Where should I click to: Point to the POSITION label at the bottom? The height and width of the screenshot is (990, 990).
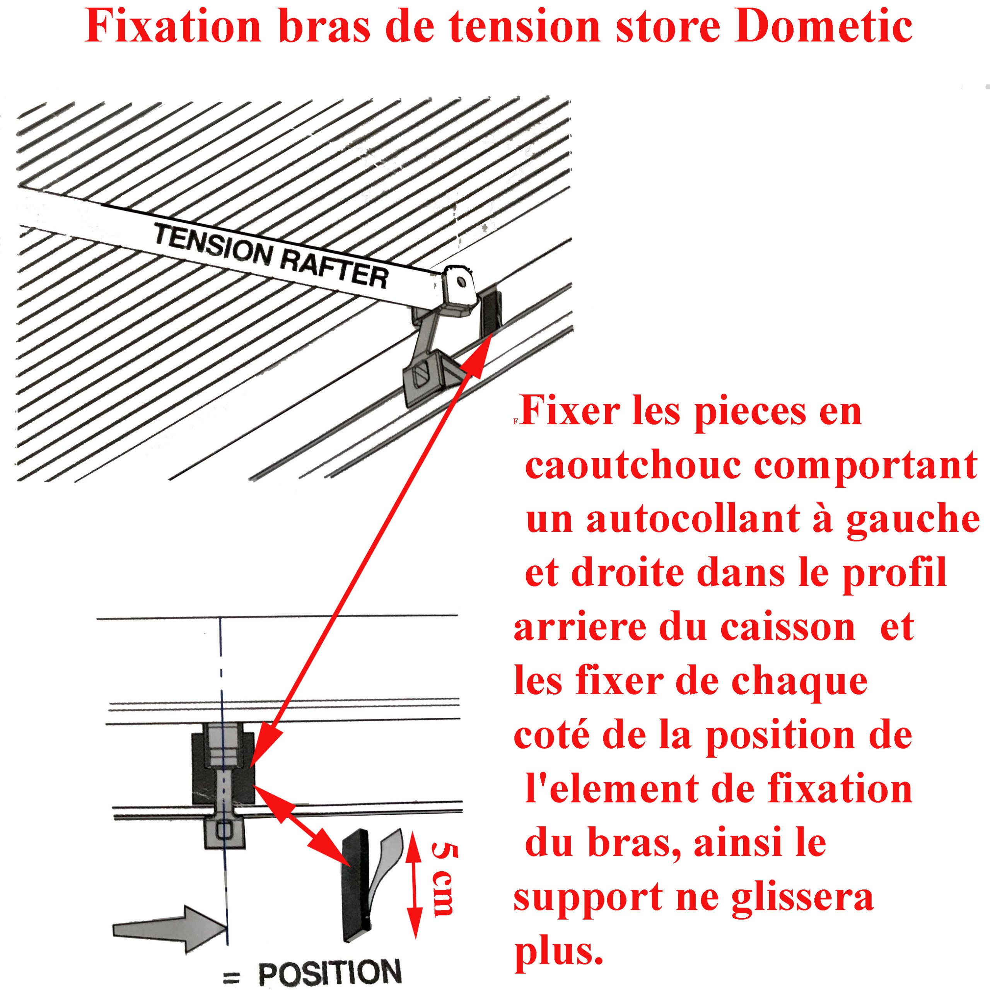coord(329,970)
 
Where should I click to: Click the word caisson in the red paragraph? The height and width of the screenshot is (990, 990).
coord(788,627)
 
